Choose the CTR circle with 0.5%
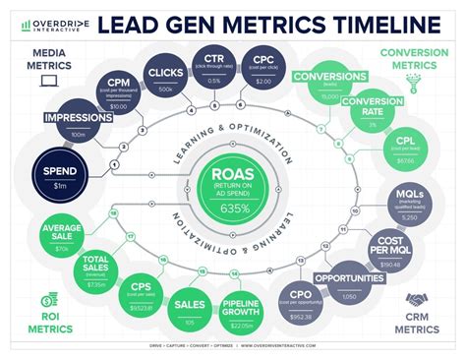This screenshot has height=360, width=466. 214,66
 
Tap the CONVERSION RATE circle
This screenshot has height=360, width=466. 366,113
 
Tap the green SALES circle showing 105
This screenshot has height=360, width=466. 191,312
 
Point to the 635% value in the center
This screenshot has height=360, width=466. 233,208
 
